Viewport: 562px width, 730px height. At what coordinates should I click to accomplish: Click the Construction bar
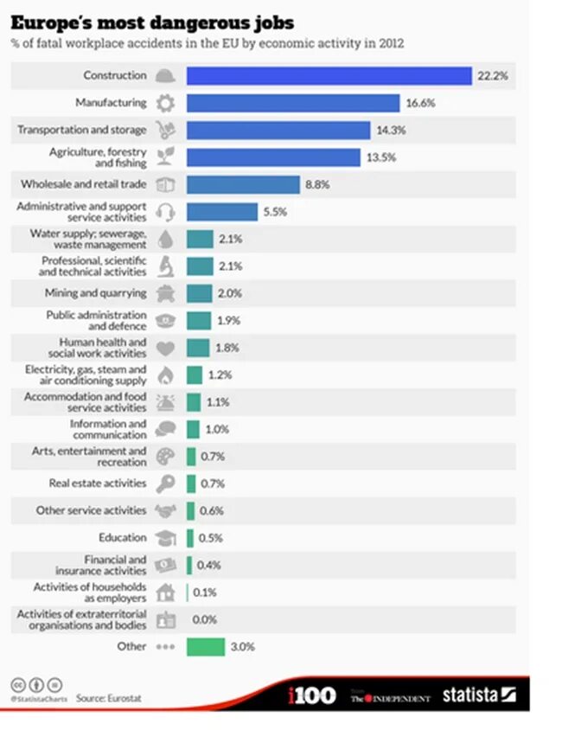[x=329, y=76]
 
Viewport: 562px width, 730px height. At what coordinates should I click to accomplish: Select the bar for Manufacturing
[x=293, y=103]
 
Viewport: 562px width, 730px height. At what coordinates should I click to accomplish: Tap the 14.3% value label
[x=391, y=130]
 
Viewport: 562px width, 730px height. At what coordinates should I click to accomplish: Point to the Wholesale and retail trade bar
[x=243, y=184]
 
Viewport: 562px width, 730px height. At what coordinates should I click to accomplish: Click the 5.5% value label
[x=275, y=211]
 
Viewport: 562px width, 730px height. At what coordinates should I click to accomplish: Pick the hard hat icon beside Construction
[x=164, y=76]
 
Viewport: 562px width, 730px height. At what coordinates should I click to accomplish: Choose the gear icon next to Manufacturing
[x=164, y=103]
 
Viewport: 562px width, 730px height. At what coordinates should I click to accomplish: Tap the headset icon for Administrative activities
[x=164, y=211]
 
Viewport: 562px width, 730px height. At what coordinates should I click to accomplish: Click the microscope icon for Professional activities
[x=164, y=266]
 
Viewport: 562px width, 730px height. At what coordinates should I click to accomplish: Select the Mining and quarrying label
[x=108, y=293]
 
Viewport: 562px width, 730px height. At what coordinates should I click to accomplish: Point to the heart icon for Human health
[x=164, y=348]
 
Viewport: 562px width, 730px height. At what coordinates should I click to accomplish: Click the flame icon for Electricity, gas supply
[x=165, y=375]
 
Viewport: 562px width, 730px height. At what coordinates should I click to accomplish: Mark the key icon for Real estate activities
[x=164, y=483]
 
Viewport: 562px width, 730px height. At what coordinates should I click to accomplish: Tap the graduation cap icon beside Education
[x=164, y=538]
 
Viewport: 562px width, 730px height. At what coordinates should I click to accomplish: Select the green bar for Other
[x=205, y=646]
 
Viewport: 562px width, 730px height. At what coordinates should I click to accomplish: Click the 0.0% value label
[x=205, y=619]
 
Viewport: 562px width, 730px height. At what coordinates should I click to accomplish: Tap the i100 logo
[x=311, y=695]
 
